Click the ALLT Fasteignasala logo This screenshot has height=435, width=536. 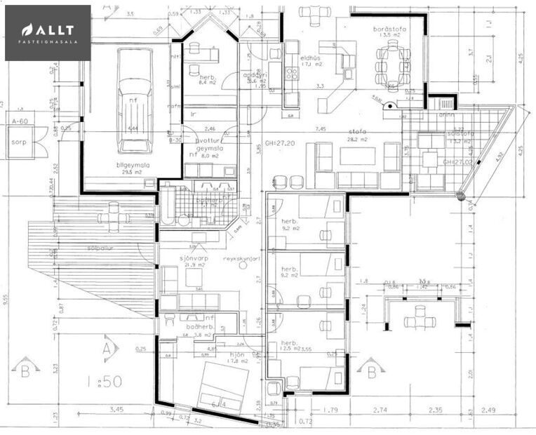(48, 33)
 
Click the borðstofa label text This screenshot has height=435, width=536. (386, 29)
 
